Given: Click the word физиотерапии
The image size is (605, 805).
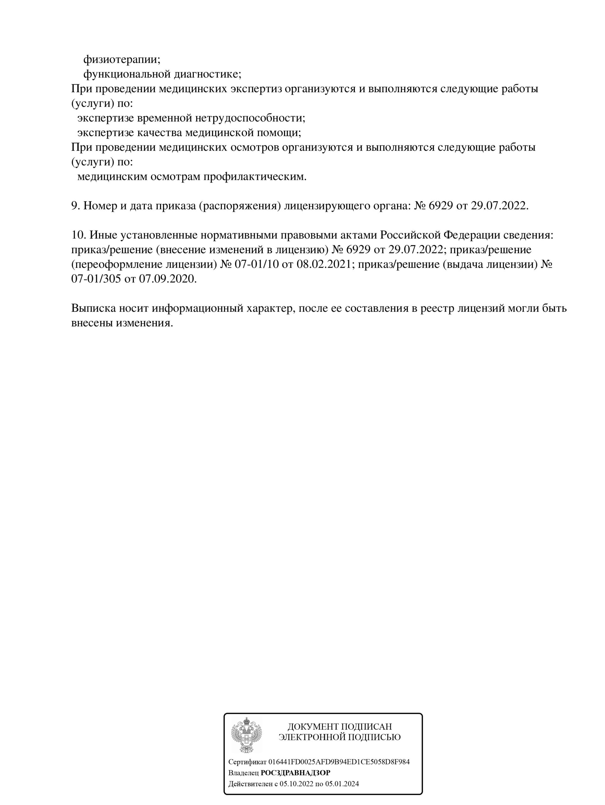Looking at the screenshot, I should (x=121, y=58).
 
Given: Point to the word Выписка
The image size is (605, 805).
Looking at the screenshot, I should (x=93, y=308).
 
